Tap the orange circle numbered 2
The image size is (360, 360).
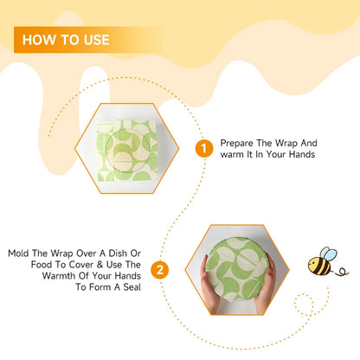point(159,270)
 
